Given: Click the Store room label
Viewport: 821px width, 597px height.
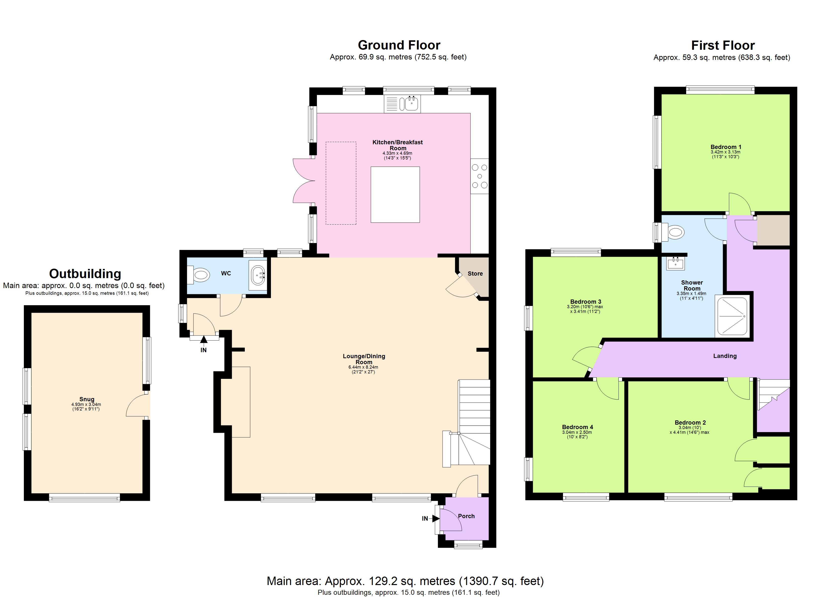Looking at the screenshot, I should [475, 274].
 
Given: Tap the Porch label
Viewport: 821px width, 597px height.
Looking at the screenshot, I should [466, 516].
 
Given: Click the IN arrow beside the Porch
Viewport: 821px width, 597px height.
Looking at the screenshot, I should [435, 518].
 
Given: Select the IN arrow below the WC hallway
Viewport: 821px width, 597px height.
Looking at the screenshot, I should [204, 340].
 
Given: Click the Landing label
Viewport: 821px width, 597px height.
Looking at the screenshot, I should [725, 356].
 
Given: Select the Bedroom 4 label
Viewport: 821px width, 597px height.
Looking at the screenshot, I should [577, 427].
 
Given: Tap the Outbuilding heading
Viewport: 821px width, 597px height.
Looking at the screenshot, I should [85, 274].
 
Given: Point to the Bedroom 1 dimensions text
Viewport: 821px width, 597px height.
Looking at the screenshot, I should [725, 154].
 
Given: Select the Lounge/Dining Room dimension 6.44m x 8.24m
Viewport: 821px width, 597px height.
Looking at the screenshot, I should [363, 367].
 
